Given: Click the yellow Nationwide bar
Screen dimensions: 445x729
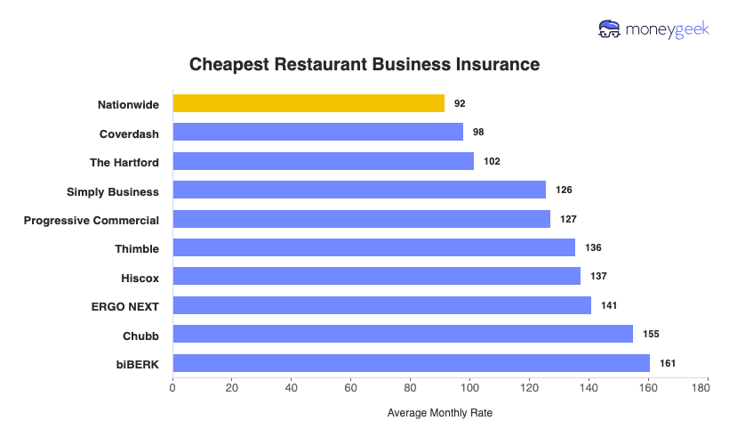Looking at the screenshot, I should tap(308, 103).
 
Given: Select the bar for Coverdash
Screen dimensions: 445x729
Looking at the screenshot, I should tap(317, 132).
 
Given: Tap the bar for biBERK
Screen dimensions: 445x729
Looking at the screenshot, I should tap(411, 363).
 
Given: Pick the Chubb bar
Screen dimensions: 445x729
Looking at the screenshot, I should tap(402, 335).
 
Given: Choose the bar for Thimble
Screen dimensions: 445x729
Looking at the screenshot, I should tap(373, 247).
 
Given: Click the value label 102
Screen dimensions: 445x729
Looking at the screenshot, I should tap(492, 161).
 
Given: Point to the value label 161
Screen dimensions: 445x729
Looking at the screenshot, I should tap(668, 363).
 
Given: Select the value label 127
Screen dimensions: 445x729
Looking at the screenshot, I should tap(568, 219).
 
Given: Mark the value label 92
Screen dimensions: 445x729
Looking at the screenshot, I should tap(460, 103).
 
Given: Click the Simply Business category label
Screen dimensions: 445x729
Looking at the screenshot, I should tap(113, 190).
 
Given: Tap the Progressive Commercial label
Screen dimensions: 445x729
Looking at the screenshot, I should tap(92, 220).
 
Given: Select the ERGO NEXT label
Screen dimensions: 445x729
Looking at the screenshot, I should tap(124, 306).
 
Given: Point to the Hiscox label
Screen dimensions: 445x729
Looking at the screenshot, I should tap(140, 278).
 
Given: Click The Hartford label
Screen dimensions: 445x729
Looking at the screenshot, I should tap(124, 162).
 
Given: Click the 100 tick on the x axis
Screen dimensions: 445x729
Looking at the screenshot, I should tap(469, 387).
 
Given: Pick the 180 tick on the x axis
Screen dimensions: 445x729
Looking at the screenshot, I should tap(707, 387).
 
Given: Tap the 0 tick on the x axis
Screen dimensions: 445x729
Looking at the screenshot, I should tap(172, 387).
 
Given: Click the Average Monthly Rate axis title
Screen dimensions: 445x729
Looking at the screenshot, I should tap(439, 414).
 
